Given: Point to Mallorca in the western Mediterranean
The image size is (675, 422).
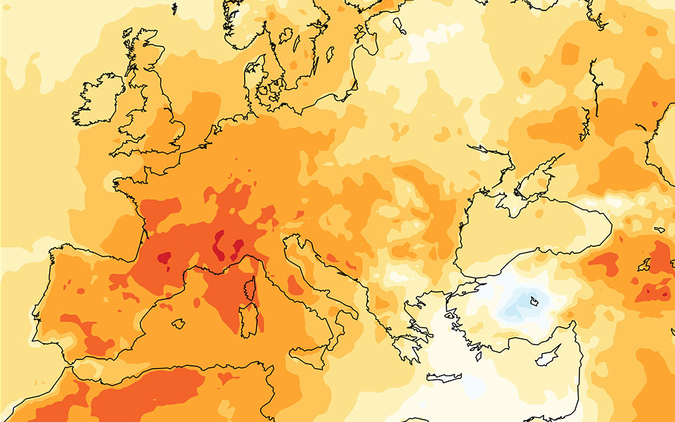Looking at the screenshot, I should [x=179, y=324].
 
